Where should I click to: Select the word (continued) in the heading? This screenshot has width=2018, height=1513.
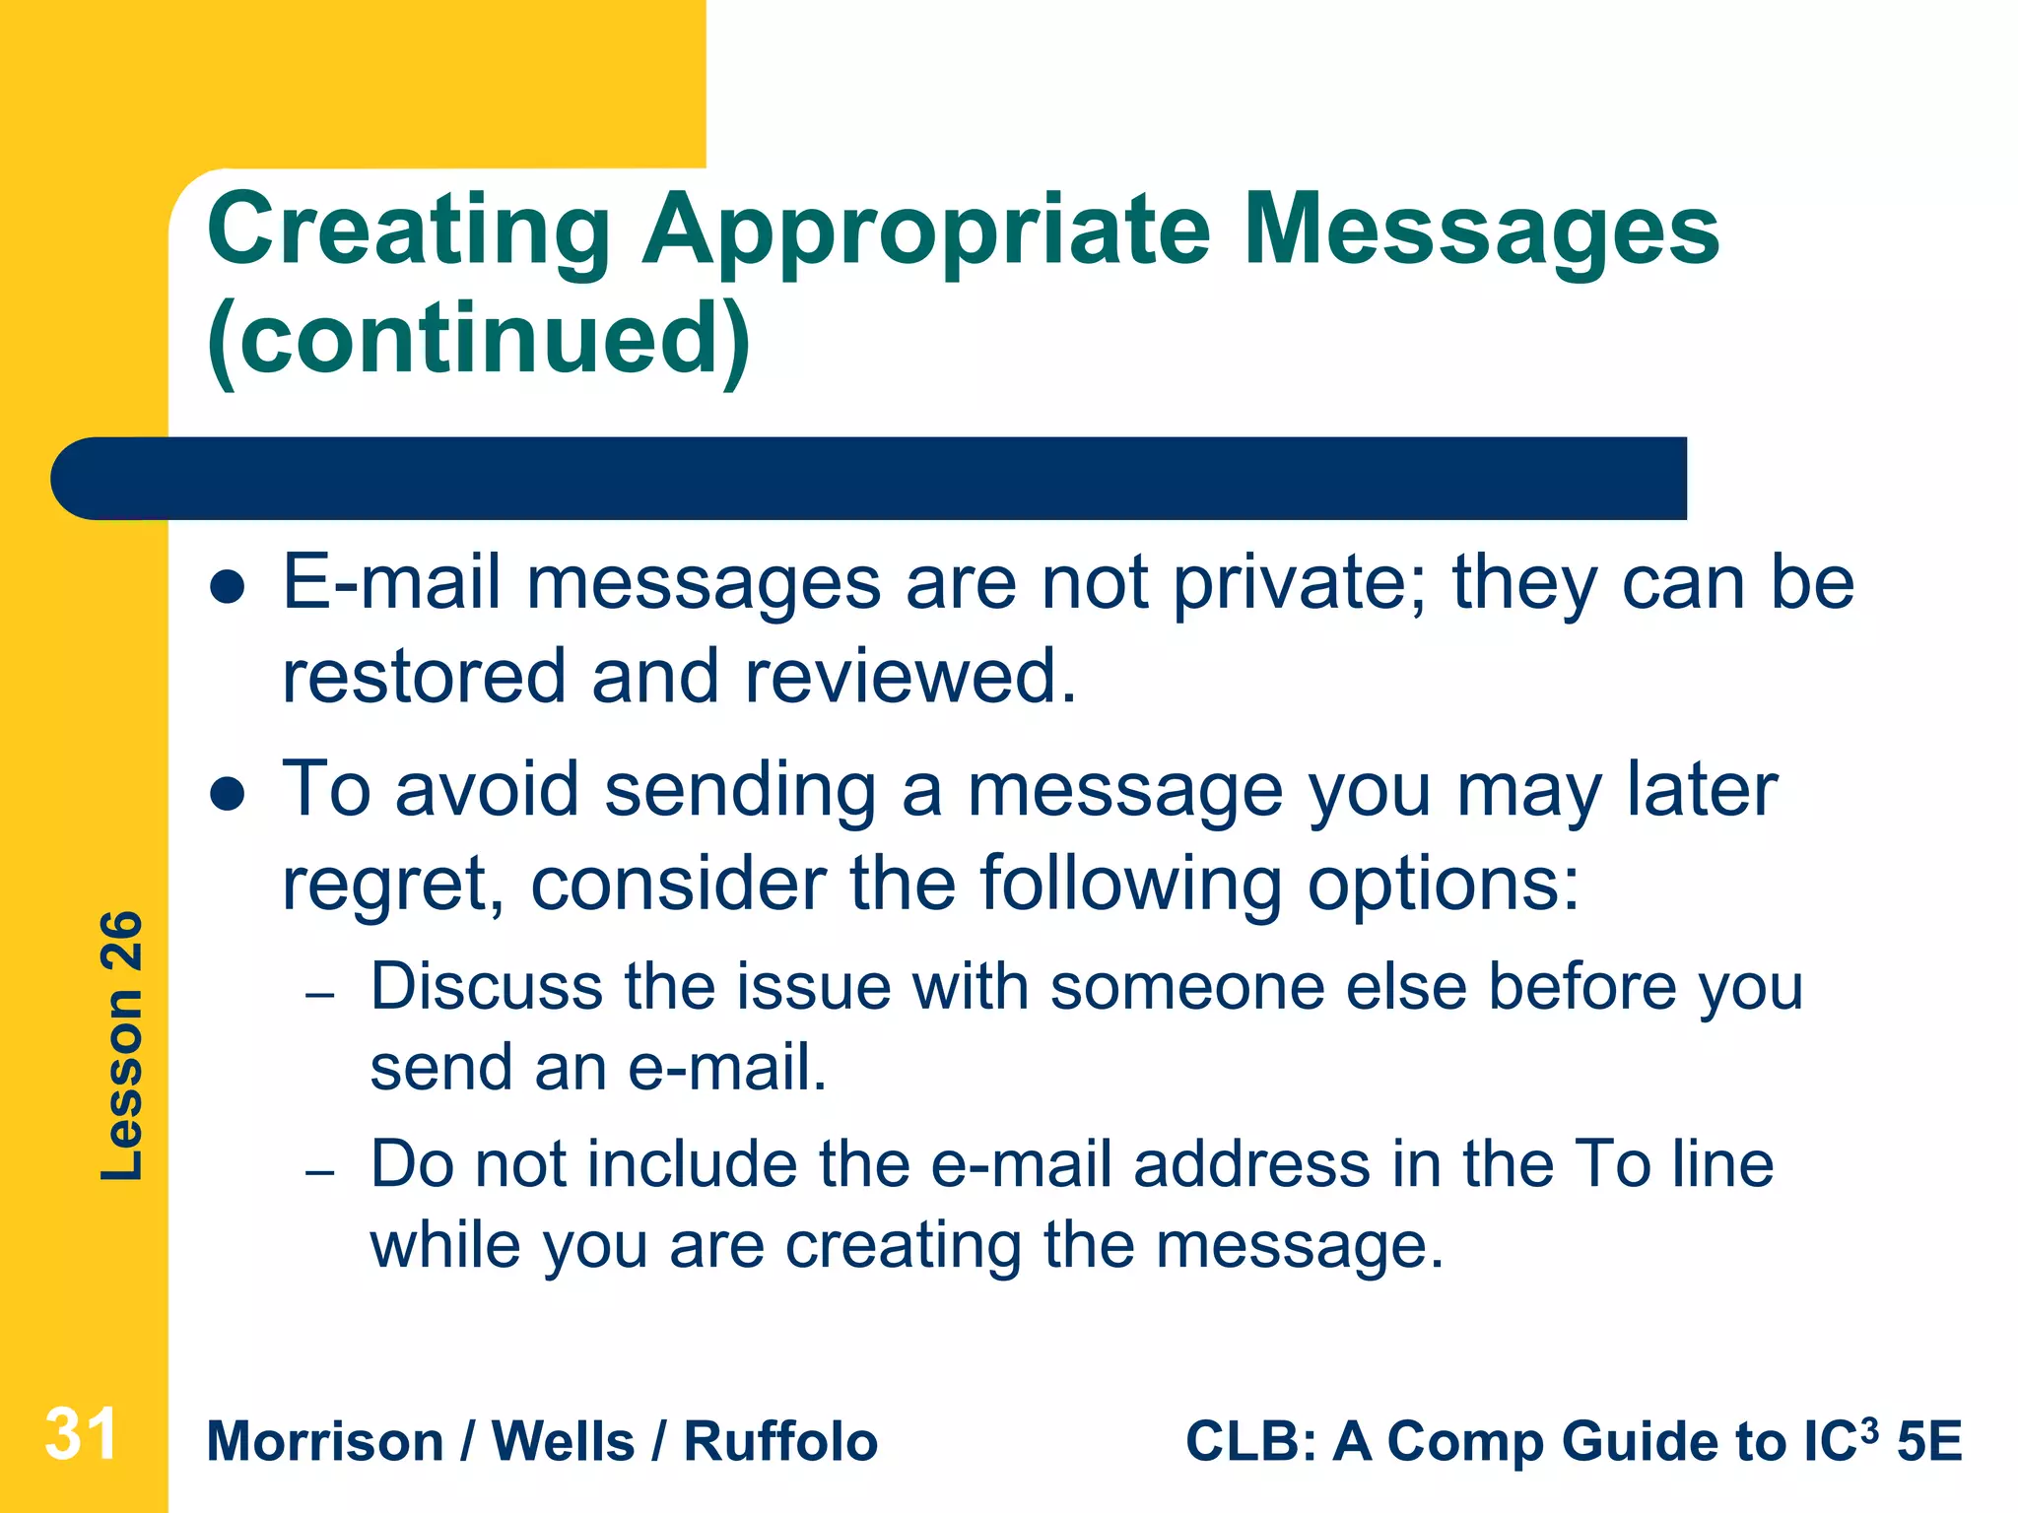point(479,340)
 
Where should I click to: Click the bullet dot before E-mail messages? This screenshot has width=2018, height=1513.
point(228,588)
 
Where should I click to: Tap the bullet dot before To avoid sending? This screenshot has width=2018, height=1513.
point(228,795)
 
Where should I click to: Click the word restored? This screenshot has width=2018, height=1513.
point(424,677)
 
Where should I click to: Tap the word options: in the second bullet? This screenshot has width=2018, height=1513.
point(1443,883)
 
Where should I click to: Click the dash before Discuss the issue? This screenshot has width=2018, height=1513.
point(320,995)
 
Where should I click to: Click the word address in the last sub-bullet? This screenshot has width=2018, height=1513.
point(1250,1165)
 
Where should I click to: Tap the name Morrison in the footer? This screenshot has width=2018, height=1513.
point(325,1442)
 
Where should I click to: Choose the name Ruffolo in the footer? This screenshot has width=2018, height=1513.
point(780,1442)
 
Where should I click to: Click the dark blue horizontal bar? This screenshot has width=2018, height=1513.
point(867,479)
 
